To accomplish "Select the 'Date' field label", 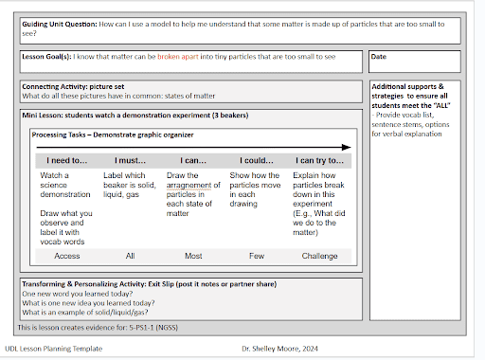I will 380,57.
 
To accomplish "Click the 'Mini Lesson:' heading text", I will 47,115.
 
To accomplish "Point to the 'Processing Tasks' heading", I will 65,135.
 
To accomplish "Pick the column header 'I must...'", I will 129,161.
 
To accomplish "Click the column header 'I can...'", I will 192,161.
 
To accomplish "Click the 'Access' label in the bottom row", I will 67,255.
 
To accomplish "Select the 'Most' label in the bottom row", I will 192,255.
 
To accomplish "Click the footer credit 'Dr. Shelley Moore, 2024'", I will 287,349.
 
